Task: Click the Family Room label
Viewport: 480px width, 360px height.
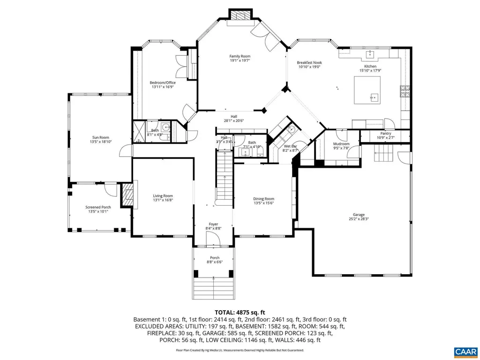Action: (x=240, y=56)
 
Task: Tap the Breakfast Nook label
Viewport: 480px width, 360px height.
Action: (x=309, y=62)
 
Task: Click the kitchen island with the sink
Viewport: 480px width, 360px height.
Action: (x=367, y=91)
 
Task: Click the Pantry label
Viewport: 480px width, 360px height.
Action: (x=385, y=133)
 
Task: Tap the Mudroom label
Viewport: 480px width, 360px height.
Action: (x=341, y=144)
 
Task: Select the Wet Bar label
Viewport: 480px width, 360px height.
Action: (x=291, y=146)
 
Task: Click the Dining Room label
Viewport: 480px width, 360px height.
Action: (x=263, y=199)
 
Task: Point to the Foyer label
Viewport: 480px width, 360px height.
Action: (x=213, y=224)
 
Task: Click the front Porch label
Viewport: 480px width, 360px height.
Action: (x=214, y=257)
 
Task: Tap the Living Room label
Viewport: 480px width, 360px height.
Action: (x=163, y=196)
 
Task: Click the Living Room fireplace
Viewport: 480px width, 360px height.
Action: (x=127, y=194)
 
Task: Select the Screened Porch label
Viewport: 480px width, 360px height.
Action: (x=98, y=207)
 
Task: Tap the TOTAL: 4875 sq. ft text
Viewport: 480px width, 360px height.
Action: (x=240, y=312)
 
